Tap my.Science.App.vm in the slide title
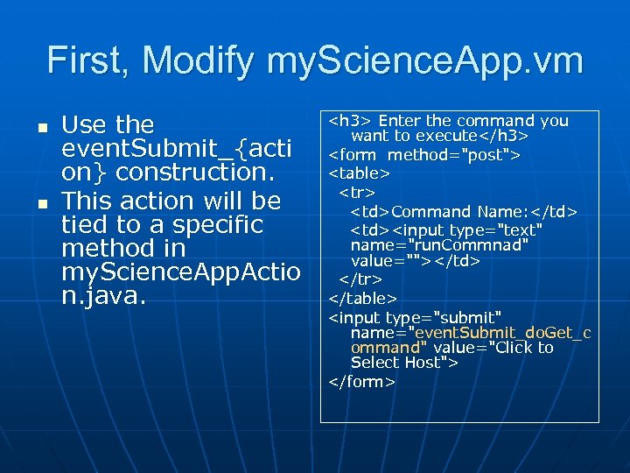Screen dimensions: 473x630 click(x=425, y=61)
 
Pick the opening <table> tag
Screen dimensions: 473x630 click(x=359, y=173)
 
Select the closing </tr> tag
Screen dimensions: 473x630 click(x=360, y=279)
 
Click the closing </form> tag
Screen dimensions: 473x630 click(x=362, y=382)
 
